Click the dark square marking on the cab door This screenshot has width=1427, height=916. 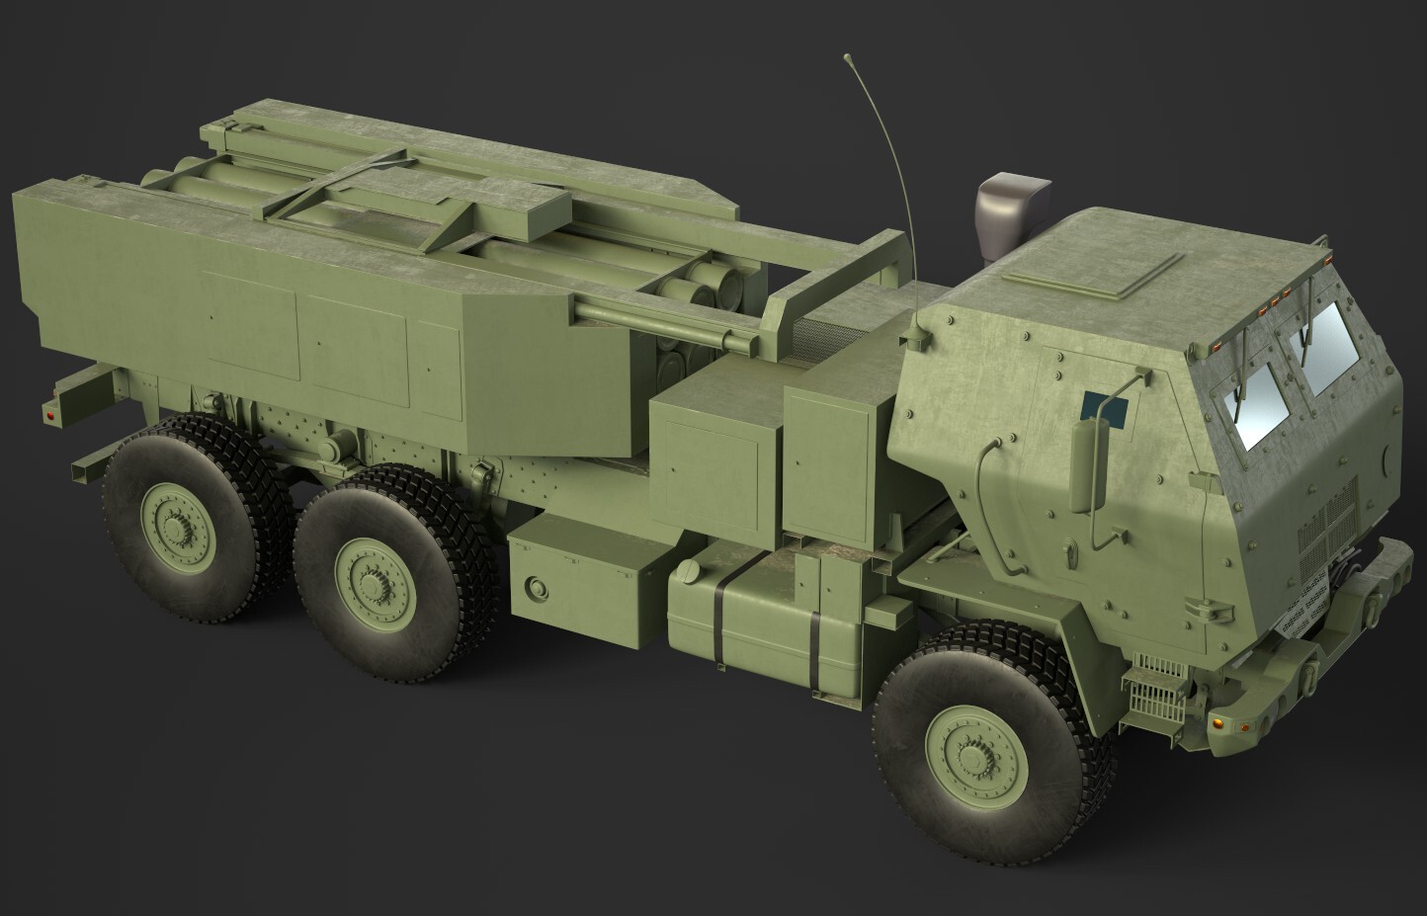pos(1104,404)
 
